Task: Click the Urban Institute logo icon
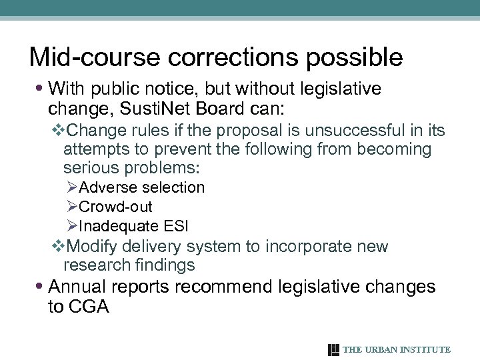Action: [x=334, y=349]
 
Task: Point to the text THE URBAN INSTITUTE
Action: [x=397, y=349]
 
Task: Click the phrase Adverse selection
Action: [x=141, y=188]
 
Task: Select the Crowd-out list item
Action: [x=115, y=207]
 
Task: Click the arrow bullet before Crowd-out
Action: [x=73, y=207]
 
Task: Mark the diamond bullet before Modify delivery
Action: [x=57, y=247]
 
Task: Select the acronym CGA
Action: [x=88, y=307]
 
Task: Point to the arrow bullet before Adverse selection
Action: [x=73, y=188]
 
